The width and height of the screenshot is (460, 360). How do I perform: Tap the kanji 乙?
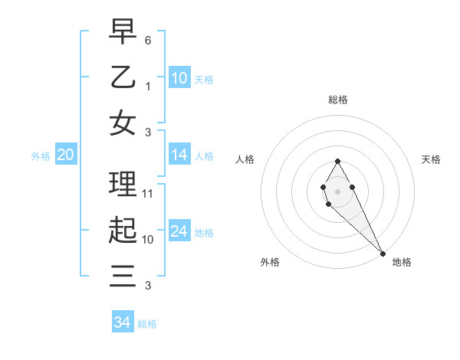click(123, 77)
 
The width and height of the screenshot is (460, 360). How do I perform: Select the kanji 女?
click(123, 123)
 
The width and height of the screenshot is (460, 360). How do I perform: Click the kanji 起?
click(123, 231)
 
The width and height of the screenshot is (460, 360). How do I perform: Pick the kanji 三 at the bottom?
click(123, 276)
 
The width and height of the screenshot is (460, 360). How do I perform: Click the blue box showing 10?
click(179, 78)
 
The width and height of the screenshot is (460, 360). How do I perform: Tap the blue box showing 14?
click(179, 155)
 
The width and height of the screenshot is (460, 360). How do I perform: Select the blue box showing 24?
click(179, 231)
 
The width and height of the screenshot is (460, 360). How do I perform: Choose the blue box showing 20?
click(65, 155)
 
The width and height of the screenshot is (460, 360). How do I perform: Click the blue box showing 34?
click(123, 322)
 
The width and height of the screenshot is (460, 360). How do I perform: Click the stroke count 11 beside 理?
click(148, 193)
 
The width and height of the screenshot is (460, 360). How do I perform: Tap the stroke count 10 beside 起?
click(148, 240)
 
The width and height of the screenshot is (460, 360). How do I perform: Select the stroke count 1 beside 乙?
click(148, 87)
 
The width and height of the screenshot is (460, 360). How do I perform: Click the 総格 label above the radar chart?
click(337, 100)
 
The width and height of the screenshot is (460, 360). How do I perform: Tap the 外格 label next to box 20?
click(41, 156)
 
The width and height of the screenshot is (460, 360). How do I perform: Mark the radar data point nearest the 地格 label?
click(383, 254)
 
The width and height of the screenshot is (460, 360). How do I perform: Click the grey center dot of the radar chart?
click(337, 190)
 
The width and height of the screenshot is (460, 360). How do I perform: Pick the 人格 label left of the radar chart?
click(245, 159)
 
